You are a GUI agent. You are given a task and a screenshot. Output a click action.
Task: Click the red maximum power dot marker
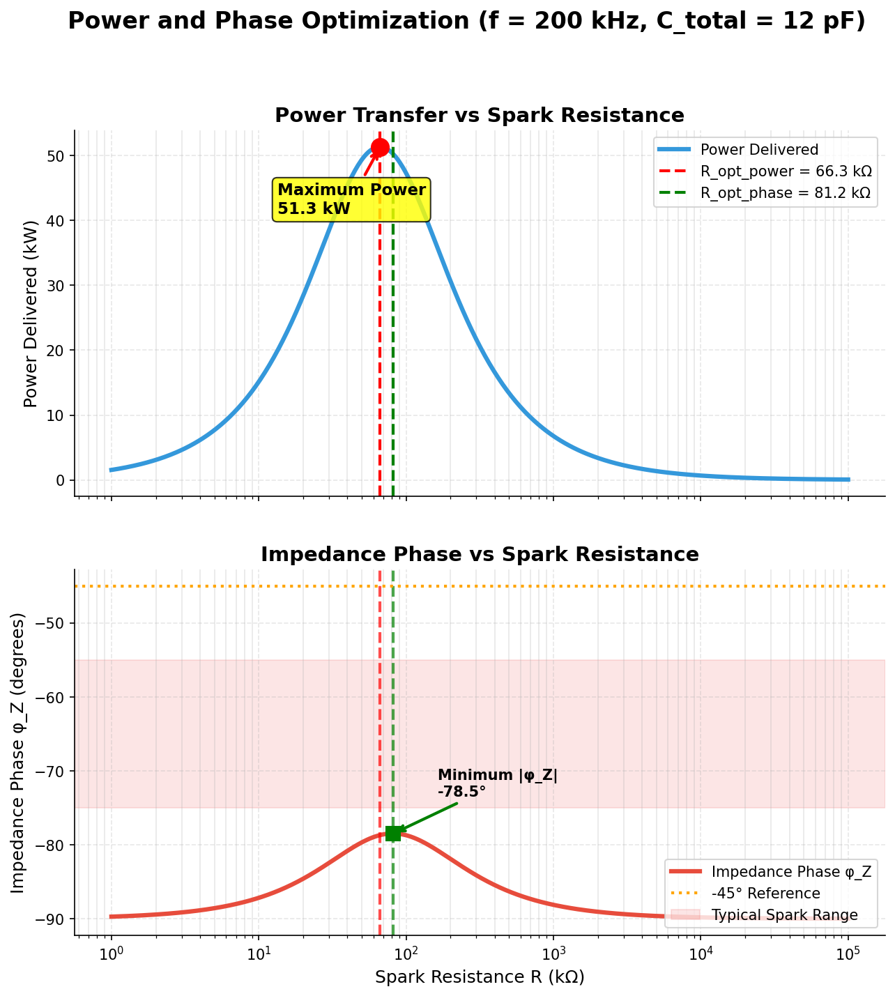(x=380, y=147)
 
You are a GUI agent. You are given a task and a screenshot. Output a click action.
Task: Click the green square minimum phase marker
(x=393, y=833)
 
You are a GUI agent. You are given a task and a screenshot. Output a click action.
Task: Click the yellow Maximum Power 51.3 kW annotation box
(x=351, y=199)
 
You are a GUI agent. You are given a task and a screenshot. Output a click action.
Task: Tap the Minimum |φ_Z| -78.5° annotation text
(x=498, y=783)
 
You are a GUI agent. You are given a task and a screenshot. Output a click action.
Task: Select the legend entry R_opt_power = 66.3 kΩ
(x=786, y=171)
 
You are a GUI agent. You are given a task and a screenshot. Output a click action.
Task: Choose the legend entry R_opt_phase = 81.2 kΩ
(x=785, y=193)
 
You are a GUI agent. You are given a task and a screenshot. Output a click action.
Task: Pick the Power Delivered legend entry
(x=759, y=149)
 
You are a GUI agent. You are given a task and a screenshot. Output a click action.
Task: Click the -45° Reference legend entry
(x=765, y=893)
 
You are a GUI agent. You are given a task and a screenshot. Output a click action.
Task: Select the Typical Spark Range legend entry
(x=784, y=914)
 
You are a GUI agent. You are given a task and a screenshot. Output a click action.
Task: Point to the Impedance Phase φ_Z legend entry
(x=791, y=871)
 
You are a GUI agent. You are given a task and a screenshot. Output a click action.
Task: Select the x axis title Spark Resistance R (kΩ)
(x=480, y=977)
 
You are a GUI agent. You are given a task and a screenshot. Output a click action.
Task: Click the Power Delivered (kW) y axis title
(x=30, y=313)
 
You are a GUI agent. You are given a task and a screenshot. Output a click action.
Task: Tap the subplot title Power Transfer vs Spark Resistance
(x=480, y=115)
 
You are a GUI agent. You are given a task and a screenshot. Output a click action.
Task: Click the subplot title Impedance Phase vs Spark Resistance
(x=480, y=554)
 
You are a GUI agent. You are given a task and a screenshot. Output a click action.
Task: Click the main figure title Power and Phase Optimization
(x=466, y=21)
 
